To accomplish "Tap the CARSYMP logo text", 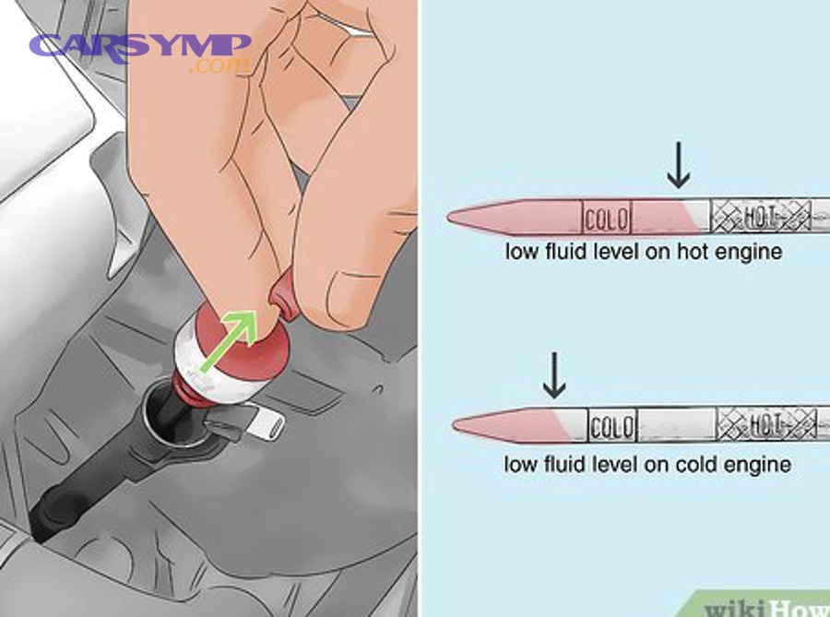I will tap(139, 45).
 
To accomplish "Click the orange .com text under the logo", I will tap(219, 66).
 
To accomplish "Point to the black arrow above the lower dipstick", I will tap(554, 373).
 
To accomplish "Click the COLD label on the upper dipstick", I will tap(606, 218).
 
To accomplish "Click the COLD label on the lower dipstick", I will tap(611, 427).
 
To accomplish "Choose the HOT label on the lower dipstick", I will tap(767, 425).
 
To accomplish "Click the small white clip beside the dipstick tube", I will tap(263, 425).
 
